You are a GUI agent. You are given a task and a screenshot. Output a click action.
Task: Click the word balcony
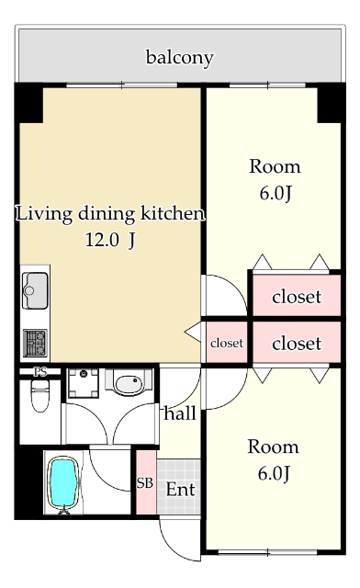179,58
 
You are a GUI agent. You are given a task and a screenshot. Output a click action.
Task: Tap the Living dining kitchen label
109,214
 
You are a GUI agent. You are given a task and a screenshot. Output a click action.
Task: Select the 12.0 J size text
109,242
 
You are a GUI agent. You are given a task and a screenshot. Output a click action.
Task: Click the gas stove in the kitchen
35,342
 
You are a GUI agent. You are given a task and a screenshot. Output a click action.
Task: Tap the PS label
39,372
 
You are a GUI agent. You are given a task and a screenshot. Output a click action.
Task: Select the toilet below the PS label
39,399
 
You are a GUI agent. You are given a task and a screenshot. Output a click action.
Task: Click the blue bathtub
62,482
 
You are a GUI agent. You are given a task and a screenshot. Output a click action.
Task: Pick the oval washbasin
126,382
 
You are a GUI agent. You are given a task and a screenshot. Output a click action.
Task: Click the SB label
145,483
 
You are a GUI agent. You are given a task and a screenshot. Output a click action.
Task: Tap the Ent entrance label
180,490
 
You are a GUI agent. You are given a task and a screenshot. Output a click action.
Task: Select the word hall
180,414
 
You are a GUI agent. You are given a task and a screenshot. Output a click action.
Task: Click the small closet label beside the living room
227,343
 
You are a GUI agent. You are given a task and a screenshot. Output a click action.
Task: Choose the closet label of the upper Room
297,296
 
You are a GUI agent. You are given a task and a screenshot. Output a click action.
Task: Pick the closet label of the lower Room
297,344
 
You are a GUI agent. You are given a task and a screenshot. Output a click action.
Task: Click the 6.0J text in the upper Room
275,194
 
